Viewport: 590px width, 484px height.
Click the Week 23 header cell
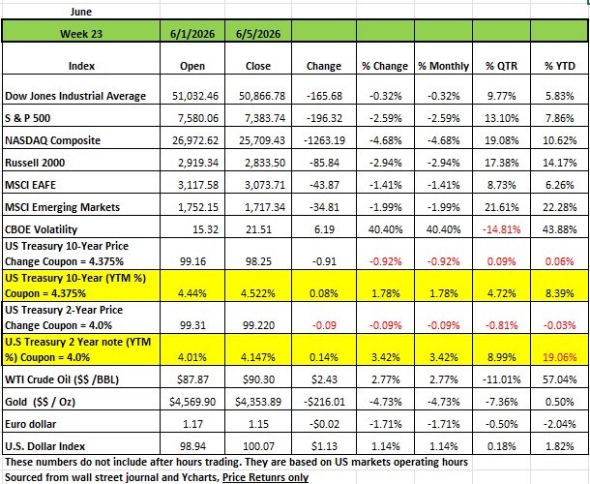[81, 34]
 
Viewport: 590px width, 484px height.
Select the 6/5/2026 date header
[258, 34]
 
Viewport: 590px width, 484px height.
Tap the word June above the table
[81, 12]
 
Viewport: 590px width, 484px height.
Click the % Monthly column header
[444, 66]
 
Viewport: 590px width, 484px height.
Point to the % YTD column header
[560, 66]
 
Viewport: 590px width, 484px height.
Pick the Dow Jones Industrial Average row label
[75, 96]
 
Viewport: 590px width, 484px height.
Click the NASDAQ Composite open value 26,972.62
[195, 140]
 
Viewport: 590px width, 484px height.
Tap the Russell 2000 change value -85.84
[324, 163]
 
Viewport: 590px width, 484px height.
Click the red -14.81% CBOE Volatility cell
[502, 229]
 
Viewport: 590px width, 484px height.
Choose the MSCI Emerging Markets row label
[63, 207]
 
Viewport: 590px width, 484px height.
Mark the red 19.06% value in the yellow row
[559, 357]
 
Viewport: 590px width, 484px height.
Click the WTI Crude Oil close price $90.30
[258, 379]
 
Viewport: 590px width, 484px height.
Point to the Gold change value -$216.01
[324, 402]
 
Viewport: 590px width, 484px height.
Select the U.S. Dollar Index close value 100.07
[258, 446]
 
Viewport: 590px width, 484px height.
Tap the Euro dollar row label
[31, 424]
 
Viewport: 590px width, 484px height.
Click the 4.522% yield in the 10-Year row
[258, 293]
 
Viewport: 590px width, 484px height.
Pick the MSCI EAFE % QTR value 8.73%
[502, 185]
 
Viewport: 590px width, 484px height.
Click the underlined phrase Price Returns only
[265, 477]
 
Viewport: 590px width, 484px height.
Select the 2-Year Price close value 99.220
[258, 325]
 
